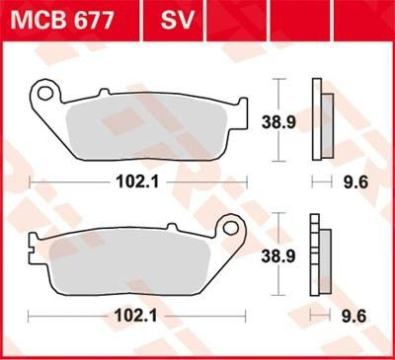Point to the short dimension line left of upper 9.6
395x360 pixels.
(x=319, y=181)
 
